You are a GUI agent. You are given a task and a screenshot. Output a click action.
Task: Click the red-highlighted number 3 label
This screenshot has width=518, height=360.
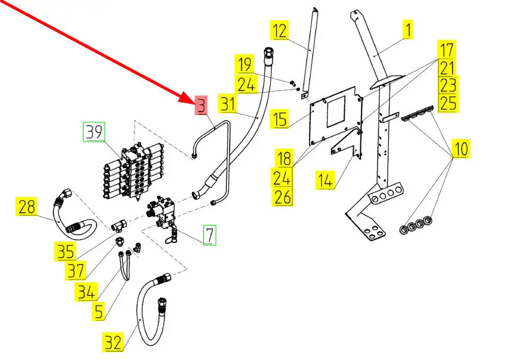coord(201,106)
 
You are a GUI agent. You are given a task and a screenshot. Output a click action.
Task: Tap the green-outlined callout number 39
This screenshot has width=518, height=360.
coord(93,132)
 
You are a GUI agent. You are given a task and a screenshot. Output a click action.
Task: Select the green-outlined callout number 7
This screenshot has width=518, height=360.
coord(209,235)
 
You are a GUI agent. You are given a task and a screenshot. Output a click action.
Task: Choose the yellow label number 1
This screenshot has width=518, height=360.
coord(409,29)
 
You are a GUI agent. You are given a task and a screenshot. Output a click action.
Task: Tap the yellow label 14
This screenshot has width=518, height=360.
coord(326,180)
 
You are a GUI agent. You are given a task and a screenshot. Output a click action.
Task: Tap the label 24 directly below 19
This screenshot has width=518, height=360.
coord(246,85)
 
